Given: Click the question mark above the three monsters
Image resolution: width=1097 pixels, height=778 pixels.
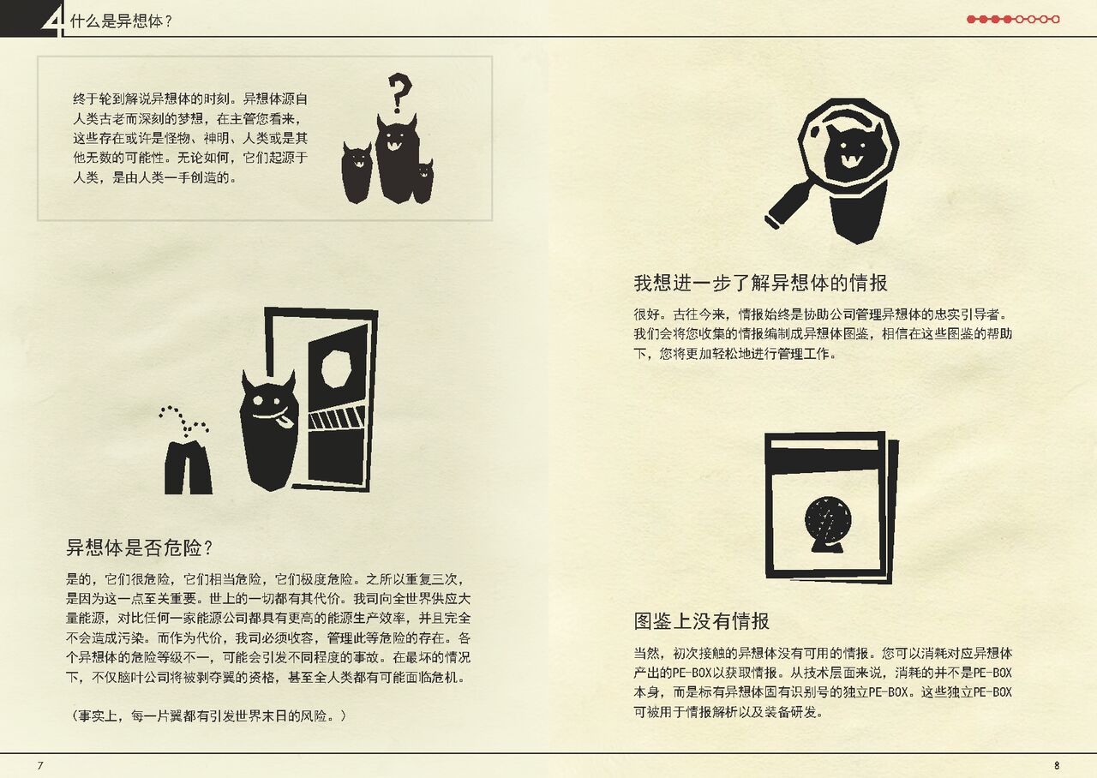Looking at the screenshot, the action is tap(399, 93).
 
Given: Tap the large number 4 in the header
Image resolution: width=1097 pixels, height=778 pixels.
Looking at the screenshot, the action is tap(54, 21).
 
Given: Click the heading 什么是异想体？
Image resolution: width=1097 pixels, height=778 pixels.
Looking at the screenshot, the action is tap(121, 21).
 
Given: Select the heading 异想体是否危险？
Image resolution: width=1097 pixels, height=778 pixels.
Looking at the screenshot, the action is tap(139, 548).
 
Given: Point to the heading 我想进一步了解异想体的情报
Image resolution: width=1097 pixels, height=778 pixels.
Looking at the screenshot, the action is tap(760, 283).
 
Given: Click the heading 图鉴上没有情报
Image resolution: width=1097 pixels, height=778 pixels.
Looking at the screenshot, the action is tap(701, 621).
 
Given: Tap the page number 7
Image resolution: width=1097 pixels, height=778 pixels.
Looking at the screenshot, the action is tap(40, 765).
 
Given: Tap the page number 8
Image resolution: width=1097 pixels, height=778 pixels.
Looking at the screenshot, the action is tap(1057, 765).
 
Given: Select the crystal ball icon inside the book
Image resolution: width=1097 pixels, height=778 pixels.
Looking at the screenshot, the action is tap(828, 524).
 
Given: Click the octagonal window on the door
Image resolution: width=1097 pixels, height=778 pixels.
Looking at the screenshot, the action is tap(336, 368).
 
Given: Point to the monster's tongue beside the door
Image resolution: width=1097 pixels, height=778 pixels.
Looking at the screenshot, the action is tap(285, 420).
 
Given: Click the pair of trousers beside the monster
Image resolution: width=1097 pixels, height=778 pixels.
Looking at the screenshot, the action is tap(188, 468).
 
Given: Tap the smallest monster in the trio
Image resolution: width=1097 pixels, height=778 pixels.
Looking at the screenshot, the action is tap(423, 181).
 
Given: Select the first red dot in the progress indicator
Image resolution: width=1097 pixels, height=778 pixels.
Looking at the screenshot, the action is tap(971, 19).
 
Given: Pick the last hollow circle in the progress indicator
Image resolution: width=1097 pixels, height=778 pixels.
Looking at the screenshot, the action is tap(1056, 19).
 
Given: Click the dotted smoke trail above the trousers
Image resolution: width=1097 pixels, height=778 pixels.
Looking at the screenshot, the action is tap(183, 421).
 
